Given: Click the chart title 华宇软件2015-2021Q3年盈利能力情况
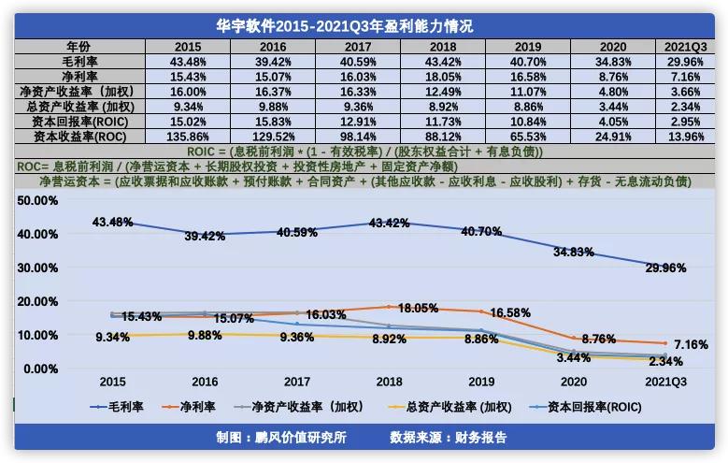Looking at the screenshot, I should tap(364, 26).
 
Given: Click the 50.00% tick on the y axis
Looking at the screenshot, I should tap(38, 200).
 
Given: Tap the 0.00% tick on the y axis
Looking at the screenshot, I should tap(41, 369).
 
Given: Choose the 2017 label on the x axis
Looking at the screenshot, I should tap(296, 382).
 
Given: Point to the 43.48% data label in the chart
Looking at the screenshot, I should tap(112, 222).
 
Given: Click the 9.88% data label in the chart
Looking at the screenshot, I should tap(205, 336).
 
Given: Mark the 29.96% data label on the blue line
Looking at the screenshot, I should tap(666, 268).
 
